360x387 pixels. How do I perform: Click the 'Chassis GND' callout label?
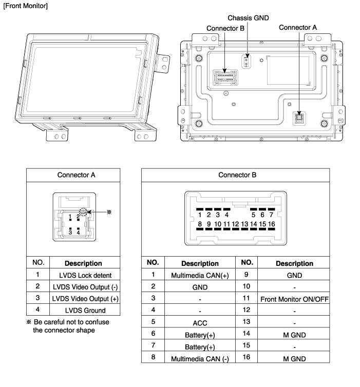[248, 18]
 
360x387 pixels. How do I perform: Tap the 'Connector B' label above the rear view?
[225, 28]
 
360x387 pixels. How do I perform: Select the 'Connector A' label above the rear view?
[298, 27]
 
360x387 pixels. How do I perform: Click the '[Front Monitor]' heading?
[26, 6]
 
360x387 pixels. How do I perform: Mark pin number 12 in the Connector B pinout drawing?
[235, 224]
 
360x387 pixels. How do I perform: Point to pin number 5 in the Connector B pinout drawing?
[253, 215]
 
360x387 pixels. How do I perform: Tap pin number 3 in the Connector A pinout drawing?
[70, 233]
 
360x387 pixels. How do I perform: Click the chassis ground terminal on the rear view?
[246, 62]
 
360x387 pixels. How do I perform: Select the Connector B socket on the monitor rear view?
[225, 78]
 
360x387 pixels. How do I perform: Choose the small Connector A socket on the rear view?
[299, 119]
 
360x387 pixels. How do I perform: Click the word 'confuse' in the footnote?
[97, 322]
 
